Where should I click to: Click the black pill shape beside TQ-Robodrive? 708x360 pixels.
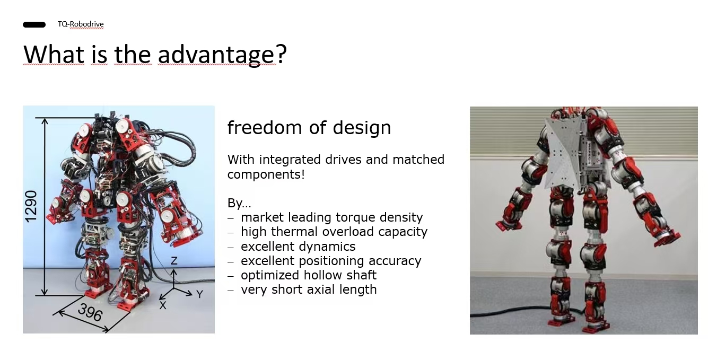(34, 24)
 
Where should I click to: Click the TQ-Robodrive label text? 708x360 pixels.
(81, 24)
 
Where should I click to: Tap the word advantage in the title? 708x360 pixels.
(217, 55)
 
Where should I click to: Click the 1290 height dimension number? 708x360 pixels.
(31, 206)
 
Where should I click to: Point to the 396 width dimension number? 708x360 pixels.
(90, 312)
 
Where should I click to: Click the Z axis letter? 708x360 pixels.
(174, 261)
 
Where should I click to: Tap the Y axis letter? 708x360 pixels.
(199, 294)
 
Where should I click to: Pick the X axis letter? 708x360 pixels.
(163, 305)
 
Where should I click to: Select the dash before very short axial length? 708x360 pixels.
(231, 290)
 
